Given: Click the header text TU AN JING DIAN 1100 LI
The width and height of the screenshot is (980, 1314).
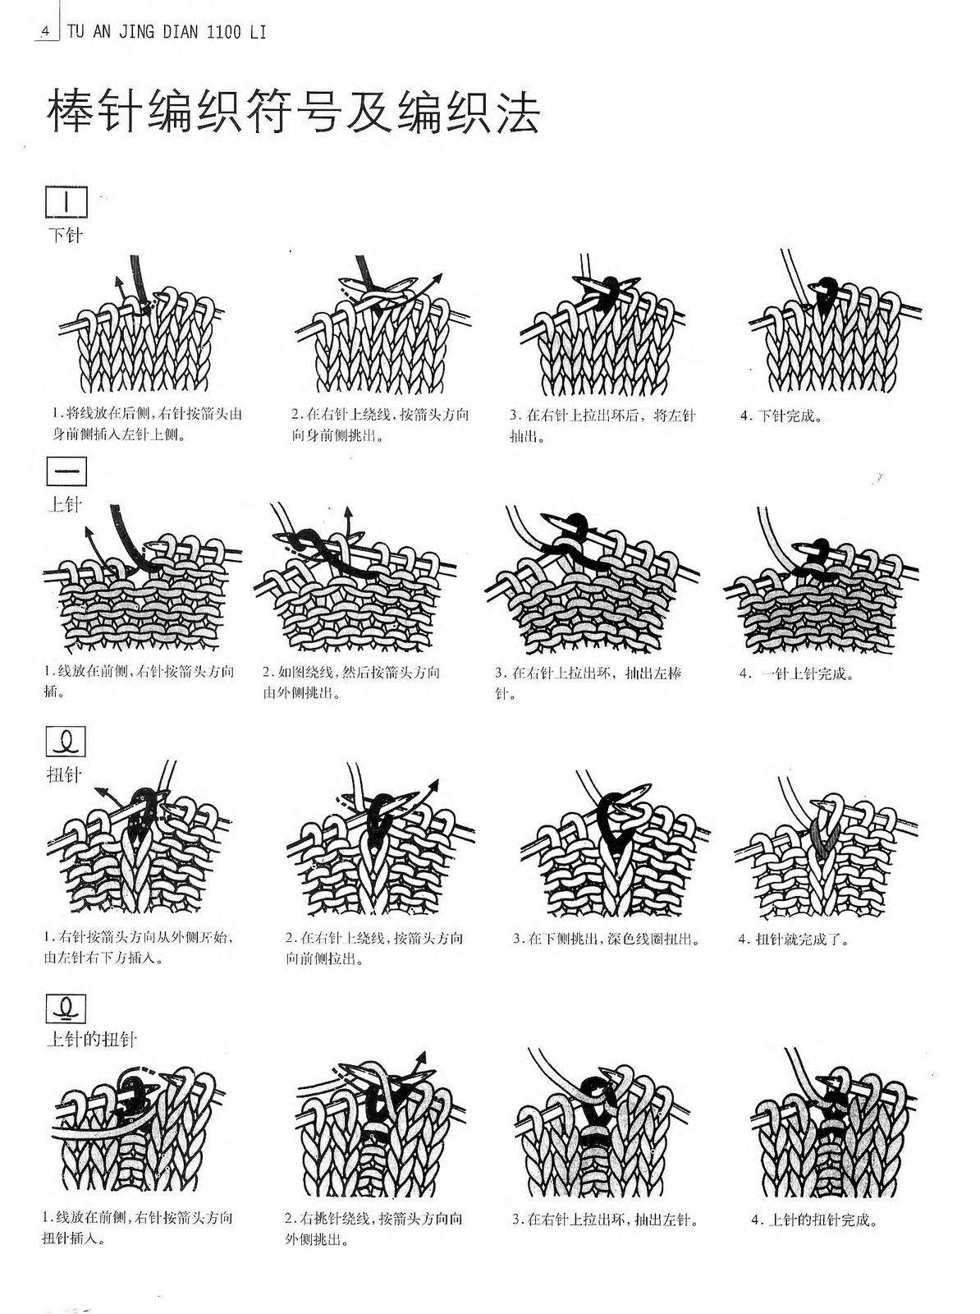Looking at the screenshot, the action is click(167, 32).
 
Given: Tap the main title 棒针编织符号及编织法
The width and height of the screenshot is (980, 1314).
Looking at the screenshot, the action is click(294, 112).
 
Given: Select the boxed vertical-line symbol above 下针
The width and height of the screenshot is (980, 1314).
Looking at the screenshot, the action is click(66, 202).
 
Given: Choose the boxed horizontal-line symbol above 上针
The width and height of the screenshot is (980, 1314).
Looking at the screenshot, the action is click(66, 471).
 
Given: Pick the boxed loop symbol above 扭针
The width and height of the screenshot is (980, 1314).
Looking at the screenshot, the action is click(66, 742).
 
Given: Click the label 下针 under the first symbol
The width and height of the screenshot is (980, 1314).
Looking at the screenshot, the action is click(65, 235).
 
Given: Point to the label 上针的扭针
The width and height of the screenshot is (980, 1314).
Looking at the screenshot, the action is click(92, 1039).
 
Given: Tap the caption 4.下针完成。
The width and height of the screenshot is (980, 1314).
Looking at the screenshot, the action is click(781, 416).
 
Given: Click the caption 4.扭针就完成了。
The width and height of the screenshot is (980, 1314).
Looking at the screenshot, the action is click(794, 939).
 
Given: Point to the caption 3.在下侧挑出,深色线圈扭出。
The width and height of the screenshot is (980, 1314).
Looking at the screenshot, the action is click(607, 939).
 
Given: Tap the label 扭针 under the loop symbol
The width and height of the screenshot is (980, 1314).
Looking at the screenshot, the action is click(64, 775).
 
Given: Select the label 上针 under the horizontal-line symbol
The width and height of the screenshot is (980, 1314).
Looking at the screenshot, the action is click(64, 504).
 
